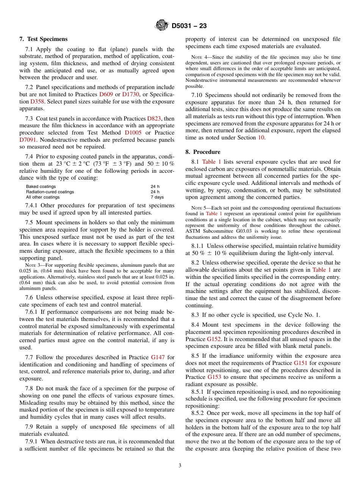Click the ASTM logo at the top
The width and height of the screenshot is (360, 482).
click(x=162, y=26)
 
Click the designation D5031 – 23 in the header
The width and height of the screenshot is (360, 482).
click(x=189, y=26)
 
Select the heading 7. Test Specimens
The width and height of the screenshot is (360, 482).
click(x=44, y=39)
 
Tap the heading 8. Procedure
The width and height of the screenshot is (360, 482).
click(x=203, y=152)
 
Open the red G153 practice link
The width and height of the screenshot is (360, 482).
click(x=214, y=377)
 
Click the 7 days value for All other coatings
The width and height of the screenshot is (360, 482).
click(x=157, y=197)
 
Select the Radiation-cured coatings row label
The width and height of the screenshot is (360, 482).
click(x=50, y=192)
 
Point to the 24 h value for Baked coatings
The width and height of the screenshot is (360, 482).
click(x=155, y=186)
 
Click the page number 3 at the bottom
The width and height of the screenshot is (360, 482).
click(x=180, y=466)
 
